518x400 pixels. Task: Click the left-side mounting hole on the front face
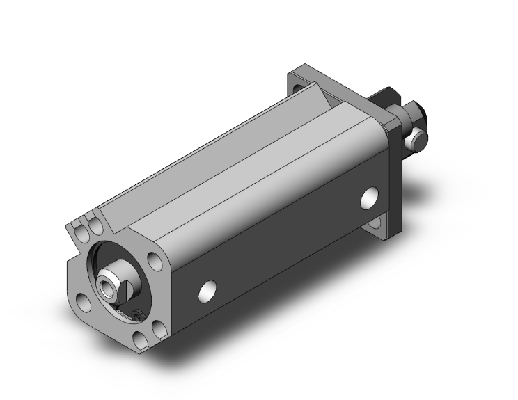pos(83,302)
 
